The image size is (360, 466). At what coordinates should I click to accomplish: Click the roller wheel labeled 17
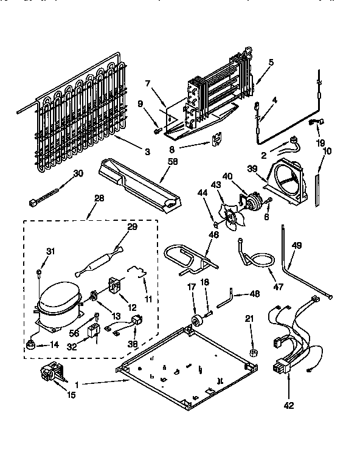[x=196, y=322]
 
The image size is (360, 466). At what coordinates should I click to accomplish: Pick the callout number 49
[x=296, y=246]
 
